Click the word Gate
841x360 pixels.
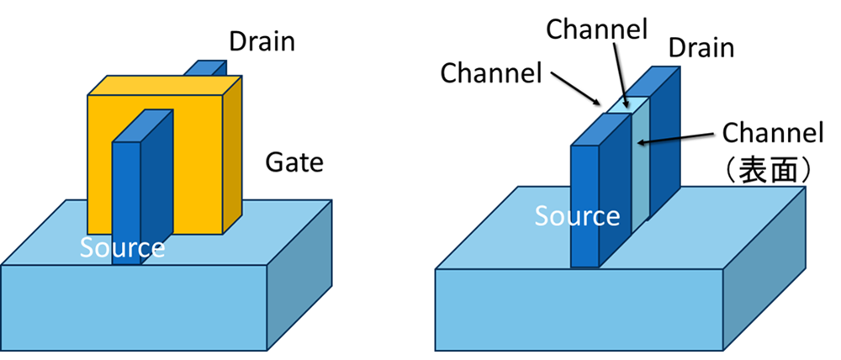(294, 161)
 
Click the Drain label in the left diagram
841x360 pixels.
(262, 39)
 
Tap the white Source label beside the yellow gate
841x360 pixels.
(123, 247)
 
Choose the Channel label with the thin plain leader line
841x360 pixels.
(596, 29)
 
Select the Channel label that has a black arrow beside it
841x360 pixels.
(491, 72)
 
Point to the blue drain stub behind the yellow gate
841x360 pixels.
(207, 68)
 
